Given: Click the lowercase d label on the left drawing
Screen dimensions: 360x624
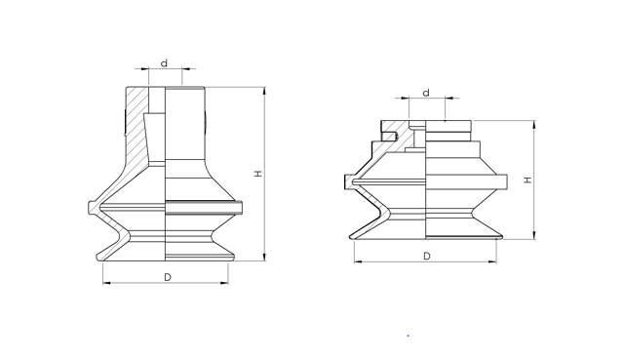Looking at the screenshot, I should [164, 62].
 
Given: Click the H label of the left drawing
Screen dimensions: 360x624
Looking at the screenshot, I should [256, 174].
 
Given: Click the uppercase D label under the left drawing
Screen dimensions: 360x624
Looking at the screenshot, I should [168, 278].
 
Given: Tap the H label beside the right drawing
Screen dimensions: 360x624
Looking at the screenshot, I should [526, 180].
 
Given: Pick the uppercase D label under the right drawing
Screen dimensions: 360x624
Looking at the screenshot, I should [427, 256].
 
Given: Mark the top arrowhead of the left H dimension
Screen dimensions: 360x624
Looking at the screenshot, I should [265, 91].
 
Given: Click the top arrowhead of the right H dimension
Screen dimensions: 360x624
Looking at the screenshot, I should [534, 124].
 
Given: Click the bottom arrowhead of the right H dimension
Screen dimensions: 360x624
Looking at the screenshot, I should [534, 234].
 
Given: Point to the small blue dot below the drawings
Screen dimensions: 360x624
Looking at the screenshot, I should [408, 336].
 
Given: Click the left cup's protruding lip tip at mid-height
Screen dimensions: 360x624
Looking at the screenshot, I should [88, 206].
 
